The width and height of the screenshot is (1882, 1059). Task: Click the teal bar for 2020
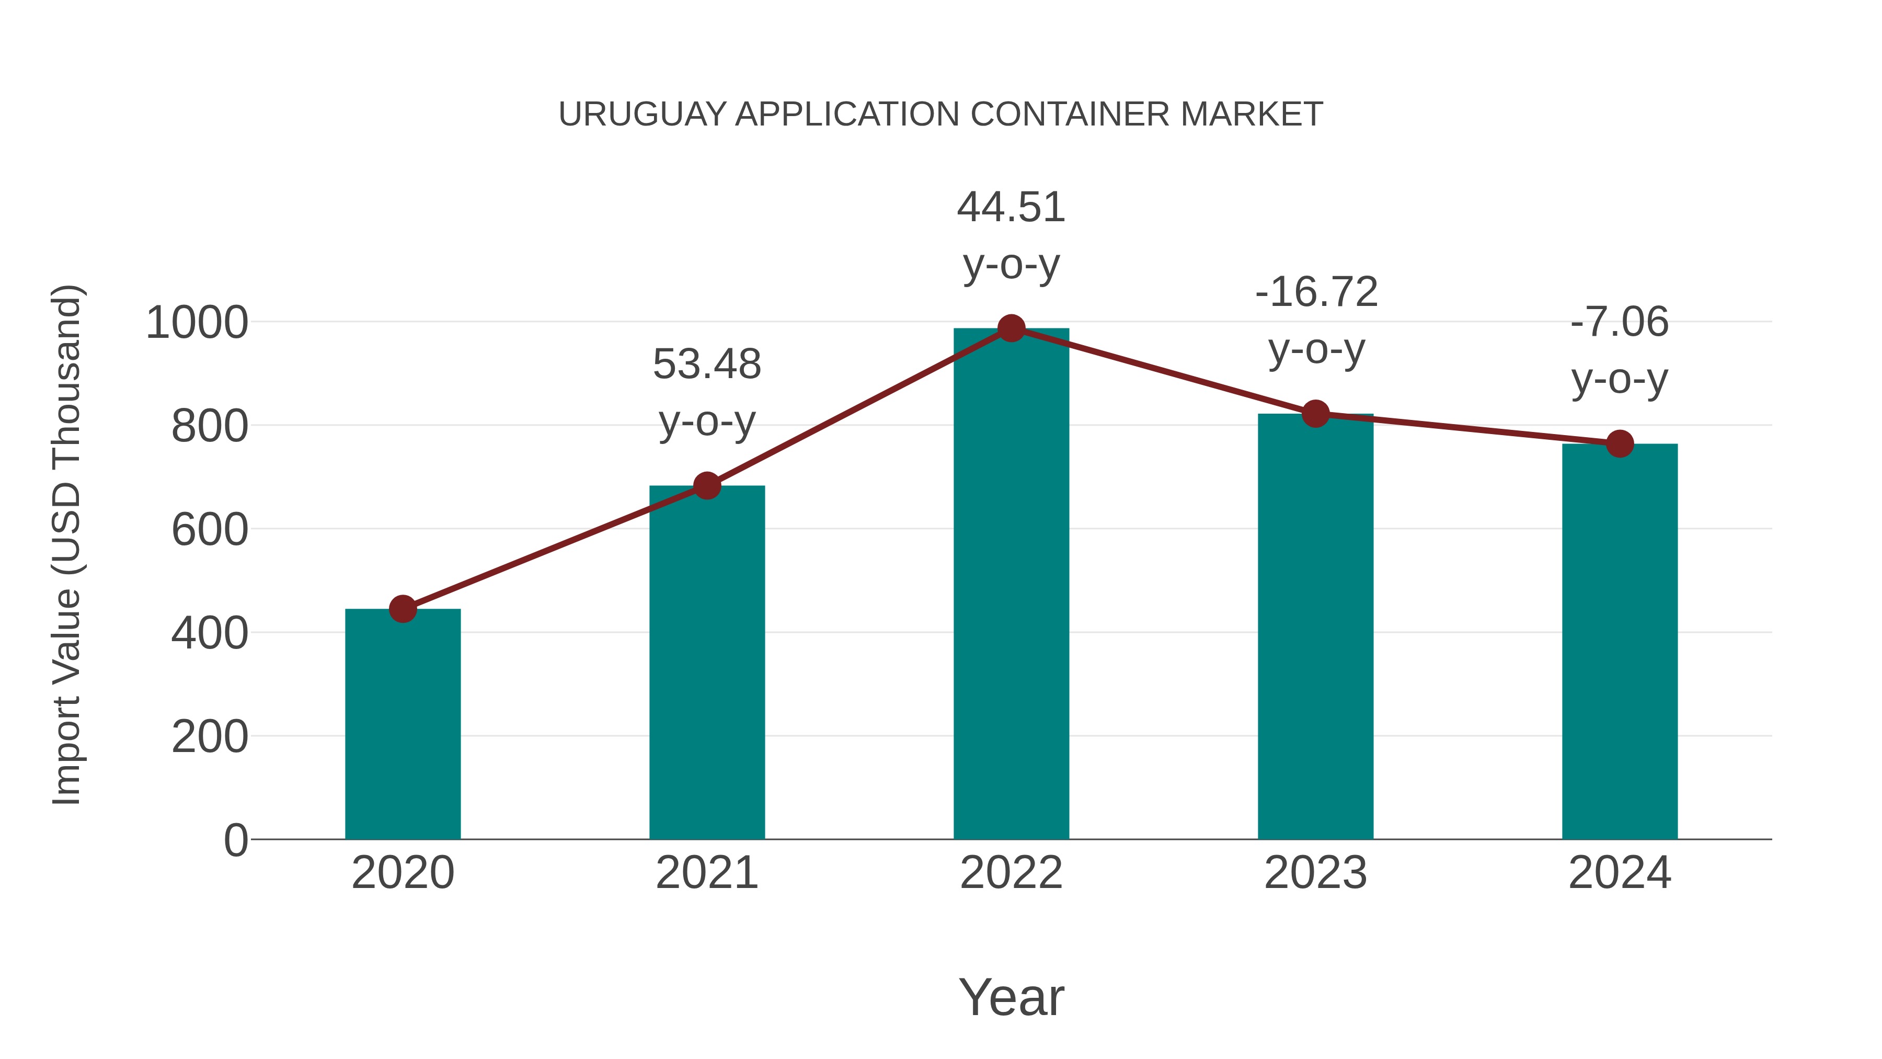point(403,724)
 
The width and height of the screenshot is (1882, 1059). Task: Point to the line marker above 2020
point(403,609)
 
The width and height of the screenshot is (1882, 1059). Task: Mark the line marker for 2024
point(1620,443)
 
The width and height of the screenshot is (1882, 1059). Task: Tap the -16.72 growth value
point(1316,292)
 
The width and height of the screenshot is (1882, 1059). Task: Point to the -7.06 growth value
point(1620,322)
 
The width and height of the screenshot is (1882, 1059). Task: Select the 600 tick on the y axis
point(210,529)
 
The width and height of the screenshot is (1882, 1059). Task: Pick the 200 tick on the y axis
point(210,737)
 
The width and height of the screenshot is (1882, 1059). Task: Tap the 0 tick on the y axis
point(235,840)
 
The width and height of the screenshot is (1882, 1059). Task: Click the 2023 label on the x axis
point(1315,873)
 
